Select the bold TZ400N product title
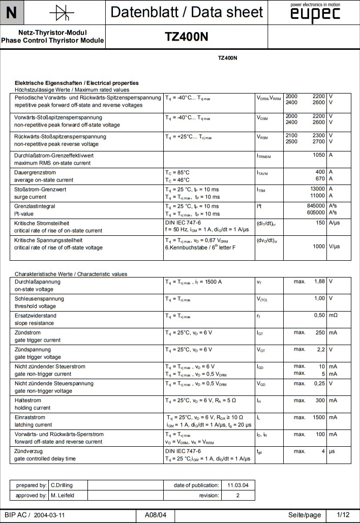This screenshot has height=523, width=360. (x=186, y=37)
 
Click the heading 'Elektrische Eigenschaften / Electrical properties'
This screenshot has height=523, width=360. (x=77, y=83)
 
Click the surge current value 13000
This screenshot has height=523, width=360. (x=317, y=189)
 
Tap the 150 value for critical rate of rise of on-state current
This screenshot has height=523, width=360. (x=320, y=223)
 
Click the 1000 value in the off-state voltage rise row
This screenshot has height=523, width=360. (x=318, y=247)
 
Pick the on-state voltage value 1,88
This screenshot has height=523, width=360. (x=319, y=281)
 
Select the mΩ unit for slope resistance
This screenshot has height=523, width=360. (x=333, y=315)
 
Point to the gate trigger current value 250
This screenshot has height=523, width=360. (x=320, y=332)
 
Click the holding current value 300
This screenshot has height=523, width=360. (x=320, y=400)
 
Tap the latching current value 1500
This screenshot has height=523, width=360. (x=318, y=417)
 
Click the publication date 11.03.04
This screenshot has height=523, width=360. (x=238, y=485)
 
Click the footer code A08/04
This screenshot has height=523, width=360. (x=156, y=515)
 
